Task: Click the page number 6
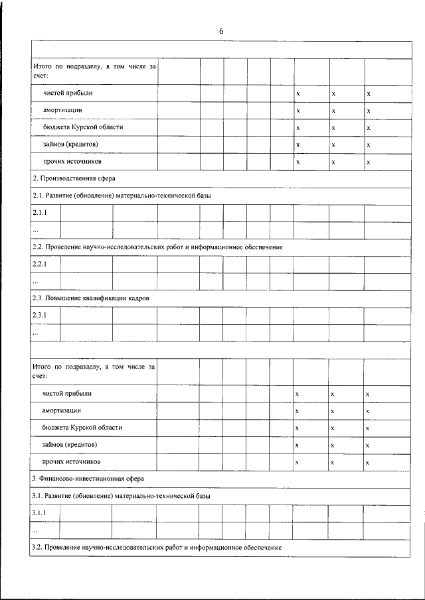coord(221,31)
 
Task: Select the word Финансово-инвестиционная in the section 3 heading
coord(78,479)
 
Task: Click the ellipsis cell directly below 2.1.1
coord(36,230)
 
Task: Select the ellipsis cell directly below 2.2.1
coord(36,281)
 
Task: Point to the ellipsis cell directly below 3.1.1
coord(35,531)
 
